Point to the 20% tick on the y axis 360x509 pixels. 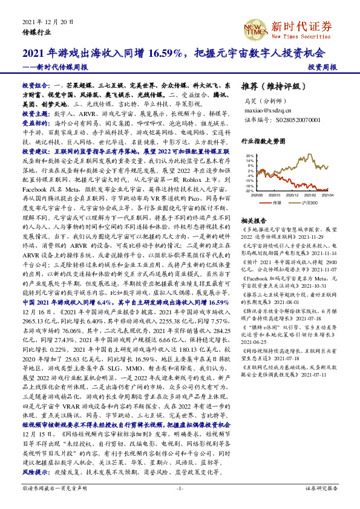(x=249, y=155)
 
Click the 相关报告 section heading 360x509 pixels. (x=254, y=221)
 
